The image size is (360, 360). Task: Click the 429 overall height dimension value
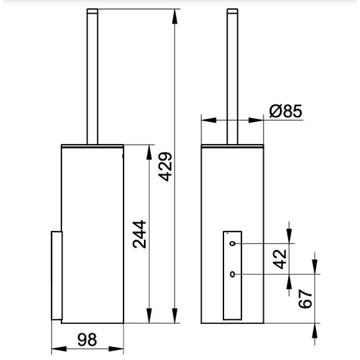[x=165, y=167]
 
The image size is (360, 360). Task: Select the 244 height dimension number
[x=140, y=235]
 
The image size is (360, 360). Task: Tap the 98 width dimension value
[x=87, y=340]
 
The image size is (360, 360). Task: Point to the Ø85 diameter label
[x=286, y=111]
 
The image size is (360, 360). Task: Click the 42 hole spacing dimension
[x=280, y=259]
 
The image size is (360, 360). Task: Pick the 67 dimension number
[x=305, y=299]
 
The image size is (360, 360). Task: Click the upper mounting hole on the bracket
[x=233, y=243]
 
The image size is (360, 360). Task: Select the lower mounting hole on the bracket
[x=233, y=274]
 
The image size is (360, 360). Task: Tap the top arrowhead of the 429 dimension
[x=174, y=16]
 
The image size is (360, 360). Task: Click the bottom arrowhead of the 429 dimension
[x=174, y=316]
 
